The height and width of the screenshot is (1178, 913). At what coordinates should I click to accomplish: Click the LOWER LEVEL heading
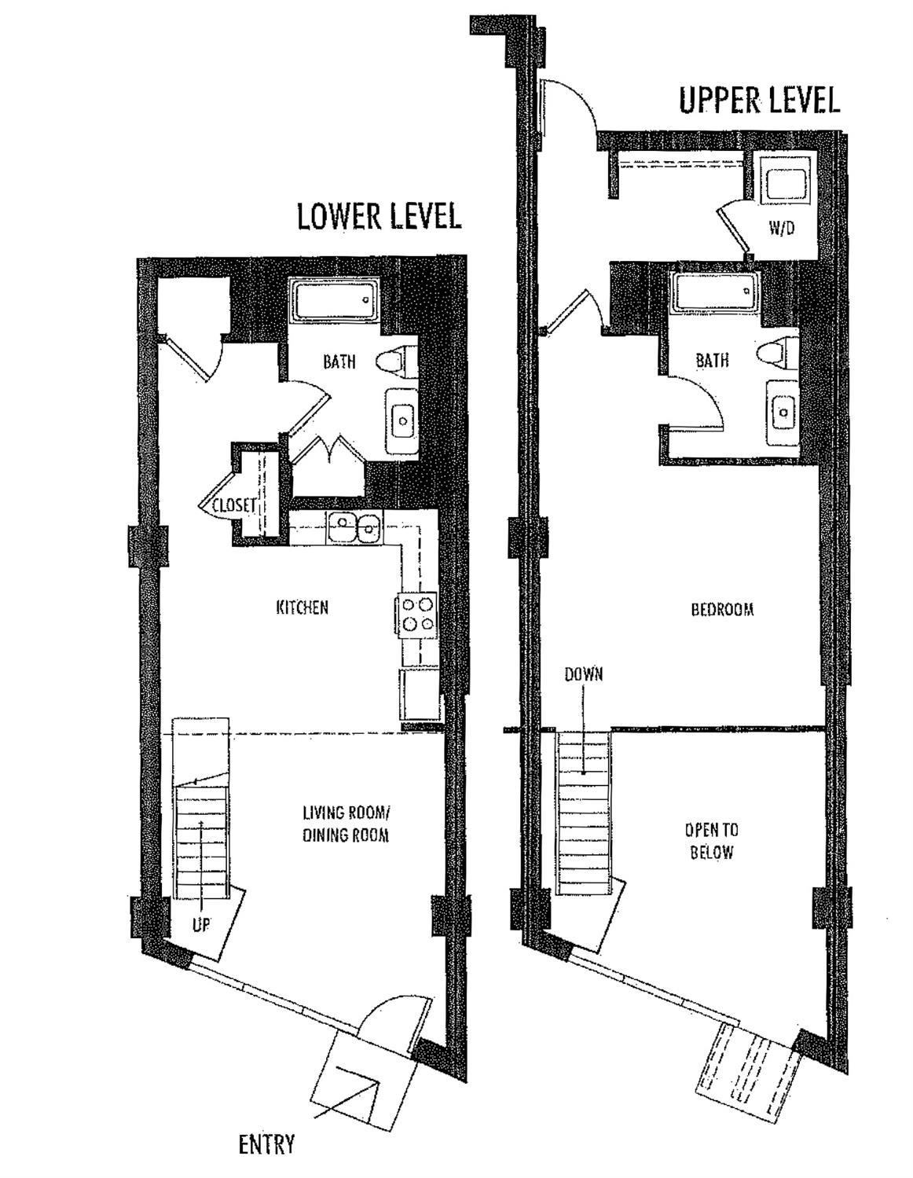[379, 216]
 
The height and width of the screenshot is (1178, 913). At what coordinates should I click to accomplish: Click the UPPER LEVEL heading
[759, 101]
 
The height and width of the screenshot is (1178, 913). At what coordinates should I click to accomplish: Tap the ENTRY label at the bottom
[266, 1144]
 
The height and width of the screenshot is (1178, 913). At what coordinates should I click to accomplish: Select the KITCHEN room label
[302, 607]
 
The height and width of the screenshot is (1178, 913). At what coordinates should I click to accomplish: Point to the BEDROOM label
[722, 609]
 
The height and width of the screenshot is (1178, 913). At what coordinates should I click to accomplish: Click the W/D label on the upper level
[781, 229]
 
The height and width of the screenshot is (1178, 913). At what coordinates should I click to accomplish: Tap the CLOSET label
[234, 506]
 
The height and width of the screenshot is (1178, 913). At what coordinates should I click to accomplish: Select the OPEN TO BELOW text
[711, 841]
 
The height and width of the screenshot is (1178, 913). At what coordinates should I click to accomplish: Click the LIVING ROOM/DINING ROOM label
[346, 824]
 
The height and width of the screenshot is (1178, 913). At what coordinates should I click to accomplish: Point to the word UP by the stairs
[201, 925]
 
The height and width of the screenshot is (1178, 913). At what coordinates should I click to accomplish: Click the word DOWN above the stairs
[583, 674]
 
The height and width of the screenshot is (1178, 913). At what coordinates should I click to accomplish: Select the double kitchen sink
[354, 527]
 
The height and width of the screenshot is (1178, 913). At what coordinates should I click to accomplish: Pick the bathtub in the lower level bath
[335, 300]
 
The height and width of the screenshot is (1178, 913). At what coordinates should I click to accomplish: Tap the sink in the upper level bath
[781, 410]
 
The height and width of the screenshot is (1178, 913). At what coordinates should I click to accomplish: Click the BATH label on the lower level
[339, 361]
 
